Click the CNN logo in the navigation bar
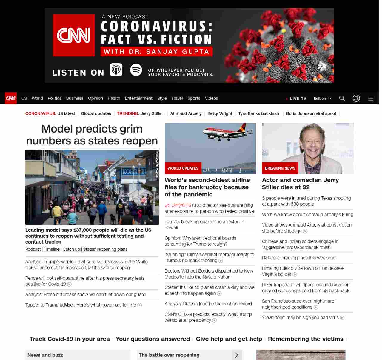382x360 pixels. pos(11,98)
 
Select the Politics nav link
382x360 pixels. pos(54,98)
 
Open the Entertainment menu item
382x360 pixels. pos(138,98)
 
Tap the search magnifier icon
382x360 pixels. pos(342,98)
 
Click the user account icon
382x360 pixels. pos(356,98)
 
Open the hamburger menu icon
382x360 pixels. pos(371,98)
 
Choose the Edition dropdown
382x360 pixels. pos(322,99)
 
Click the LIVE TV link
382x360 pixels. pos(296,99)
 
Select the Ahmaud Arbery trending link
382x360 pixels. pos(186,113)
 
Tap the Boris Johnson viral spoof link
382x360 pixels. pos(311,113)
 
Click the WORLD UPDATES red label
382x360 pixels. pos(183,168)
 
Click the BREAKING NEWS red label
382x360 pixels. pos(280,168)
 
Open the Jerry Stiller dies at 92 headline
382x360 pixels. pos(300,184)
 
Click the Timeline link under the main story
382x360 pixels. pos(52,249)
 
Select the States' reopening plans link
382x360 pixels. pos(105,249)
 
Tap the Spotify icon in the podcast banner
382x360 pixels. pos(136,70)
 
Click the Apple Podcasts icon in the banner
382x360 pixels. pos(116,70)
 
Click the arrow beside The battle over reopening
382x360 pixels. pos(237,355)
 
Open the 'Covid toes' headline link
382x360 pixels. pos(300,318)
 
